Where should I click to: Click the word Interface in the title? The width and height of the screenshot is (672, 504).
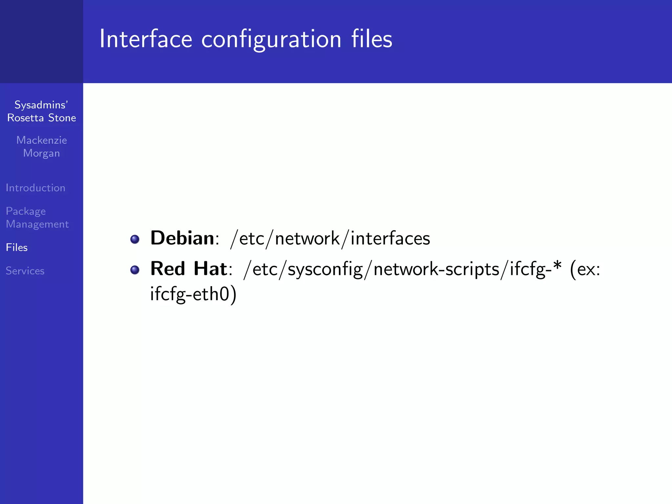[146, 39]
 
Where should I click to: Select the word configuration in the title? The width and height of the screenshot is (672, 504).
[271, 40]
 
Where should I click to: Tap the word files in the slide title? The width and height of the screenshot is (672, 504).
[371, 39]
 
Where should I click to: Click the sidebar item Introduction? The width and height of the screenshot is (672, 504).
[35, 188]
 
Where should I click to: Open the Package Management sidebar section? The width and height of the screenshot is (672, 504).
[37, 217]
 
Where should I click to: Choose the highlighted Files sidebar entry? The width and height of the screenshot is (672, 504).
[17, 247]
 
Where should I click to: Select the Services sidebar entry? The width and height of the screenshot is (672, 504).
[25, 271]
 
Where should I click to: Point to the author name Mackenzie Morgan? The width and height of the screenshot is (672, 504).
[42, 147]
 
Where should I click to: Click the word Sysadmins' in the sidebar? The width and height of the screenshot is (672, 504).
[41, 105]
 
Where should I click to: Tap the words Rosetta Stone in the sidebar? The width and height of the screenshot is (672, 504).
[42, 118]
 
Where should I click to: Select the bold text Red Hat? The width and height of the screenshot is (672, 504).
[189, 269]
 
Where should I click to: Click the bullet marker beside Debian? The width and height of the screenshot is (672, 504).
[135, 239]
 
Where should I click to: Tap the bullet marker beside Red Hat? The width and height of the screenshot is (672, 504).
[135, 270]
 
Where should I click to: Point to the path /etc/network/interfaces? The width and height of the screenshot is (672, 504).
[330, 239]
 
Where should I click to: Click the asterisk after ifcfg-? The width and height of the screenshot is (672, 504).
[557, 266]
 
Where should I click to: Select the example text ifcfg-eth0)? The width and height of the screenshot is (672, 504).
[193, 294]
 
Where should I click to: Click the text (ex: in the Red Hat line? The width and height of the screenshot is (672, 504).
[585, 269]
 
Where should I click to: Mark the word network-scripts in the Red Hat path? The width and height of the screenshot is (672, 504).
[436, 269]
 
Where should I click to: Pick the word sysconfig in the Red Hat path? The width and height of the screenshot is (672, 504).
[325, 270]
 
